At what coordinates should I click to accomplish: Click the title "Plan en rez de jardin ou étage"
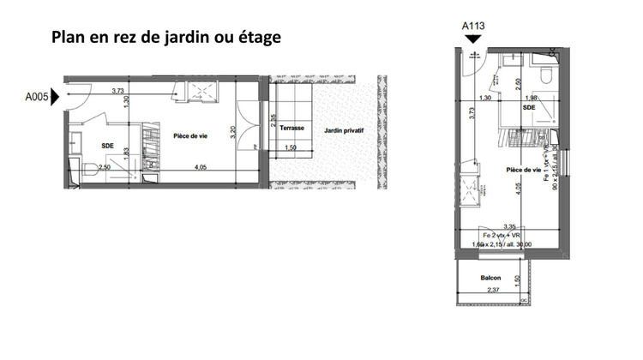(x=166, y=39)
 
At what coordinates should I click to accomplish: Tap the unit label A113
(x=474, y=26)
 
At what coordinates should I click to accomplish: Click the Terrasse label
(x=293, y=129)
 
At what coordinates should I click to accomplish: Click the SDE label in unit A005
(x=107, y=145)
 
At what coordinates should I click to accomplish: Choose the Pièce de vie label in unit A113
(x=523, y=170)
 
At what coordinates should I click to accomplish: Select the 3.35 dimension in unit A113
(x=513, y=225)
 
